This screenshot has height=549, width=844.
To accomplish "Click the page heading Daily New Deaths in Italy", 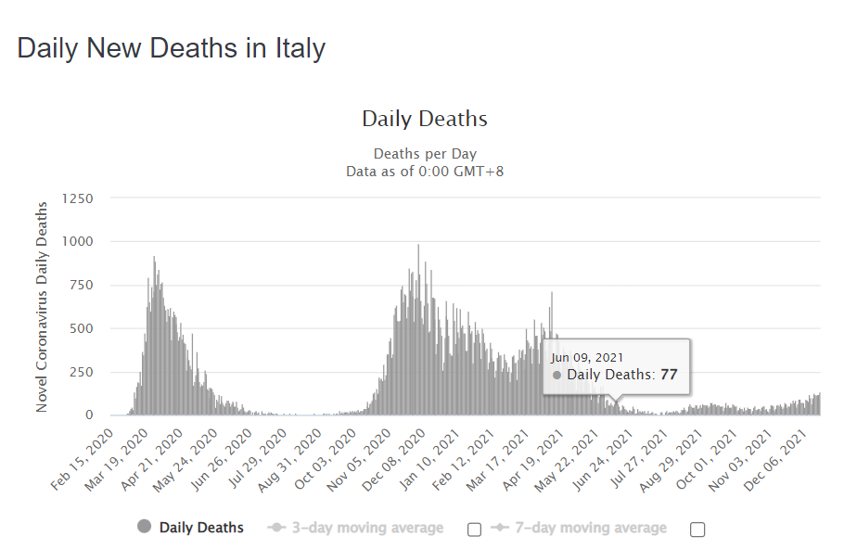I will [x=172, y=48].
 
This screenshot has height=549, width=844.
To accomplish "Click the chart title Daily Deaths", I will [x=424, y=119].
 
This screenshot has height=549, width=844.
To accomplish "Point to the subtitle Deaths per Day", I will [x=425, y=153].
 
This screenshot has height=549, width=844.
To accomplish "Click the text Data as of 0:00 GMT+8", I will [x=425, y=171].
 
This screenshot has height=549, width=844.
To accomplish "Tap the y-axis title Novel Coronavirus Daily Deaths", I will [x=42, y=306].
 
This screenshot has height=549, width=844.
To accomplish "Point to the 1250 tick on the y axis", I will [x=77, y=198].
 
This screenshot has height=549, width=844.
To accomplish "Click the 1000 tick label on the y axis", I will [x=77, y=241].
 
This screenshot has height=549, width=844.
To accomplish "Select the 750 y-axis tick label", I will [x=81, y=285].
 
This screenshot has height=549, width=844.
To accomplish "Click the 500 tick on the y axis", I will [x=81, y=328].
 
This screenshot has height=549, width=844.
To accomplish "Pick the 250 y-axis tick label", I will [x=81, y=372].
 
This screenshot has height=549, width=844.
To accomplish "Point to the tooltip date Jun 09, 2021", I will [x=587, y=357].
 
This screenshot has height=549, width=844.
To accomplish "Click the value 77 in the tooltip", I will [x=670, y=375].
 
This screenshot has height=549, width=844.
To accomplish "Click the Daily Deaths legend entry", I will [x=200, y=528].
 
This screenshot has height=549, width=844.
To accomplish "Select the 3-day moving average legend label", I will [x=367, y=528].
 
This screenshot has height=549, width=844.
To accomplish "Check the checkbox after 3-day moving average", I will [x=475, y=530].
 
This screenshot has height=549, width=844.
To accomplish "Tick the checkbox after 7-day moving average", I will [x=698, y=530].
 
